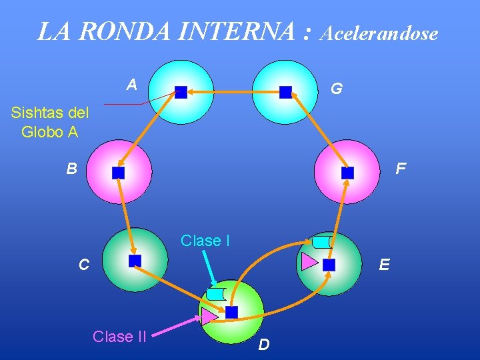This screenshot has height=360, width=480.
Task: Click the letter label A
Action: pyautogui.click(x=132, y=84)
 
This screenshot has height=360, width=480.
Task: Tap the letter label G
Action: pyautogui.click(x=337, y=88)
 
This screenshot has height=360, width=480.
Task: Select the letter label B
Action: pyautogui.click(x=71, y=169)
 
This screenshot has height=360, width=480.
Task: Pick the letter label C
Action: pyautogui.click(x=83, y=265)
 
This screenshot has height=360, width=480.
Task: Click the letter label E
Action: pyautogui.click(x=385, y=265)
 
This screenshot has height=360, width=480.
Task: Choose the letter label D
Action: pyautogui.click(x=264, y=345)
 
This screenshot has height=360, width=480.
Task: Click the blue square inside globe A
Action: pyautogui.click(x=181, y=92)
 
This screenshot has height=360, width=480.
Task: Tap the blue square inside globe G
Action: pyautogui.click(x=285, y=92)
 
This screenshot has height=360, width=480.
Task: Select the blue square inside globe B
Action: pyautogui.click(x=118, y=173)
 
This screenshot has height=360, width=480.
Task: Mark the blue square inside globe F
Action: pyautogui.click(x=347, y=173)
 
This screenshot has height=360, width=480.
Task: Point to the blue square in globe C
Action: pyautogui.click(x=135, y=261)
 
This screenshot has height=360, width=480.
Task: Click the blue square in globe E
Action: pyautogui.click(x=329, y=265)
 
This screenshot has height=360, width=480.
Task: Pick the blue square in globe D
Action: pyautogui.click(x=231, y=312)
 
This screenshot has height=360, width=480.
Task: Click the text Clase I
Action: pyautogui.click(x=205, y=241)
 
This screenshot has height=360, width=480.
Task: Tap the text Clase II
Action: pyautogui.click(x=119, y=337)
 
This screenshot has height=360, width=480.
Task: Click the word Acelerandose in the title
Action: pyautogui.click(x=379, y=33)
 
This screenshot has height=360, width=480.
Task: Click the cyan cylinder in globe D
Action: pyautogui.click(x=217, y=293)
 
